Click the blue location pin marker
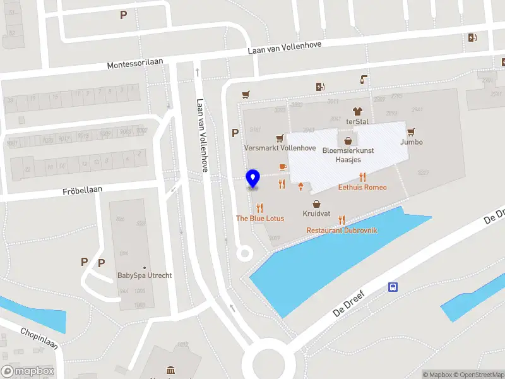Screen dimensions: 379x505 pos(253,179)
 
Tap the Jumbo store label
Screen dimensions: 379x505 pos(411,142)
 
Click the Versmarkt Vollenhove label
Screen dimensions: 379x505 pos(280,148)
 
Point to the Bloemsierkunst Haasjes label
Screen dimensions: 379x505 pos(348,155)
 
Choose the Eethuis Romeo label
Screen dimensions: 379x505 pos(362,188)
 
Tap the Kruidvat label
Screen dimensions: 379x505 pos(317,214)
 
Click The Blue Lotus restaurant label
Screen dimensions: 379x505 pos(259,218)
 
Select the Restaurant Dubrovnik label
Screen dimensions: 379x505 pos(342,231)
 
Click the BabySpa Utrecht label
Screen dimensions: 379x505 pos(145,275)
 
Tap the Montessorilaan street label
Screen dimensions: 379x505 pos(135,64)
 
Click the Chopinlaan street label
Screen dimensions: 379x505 pos(39,339)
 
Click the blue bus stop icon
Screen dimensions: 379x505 pos(393,287)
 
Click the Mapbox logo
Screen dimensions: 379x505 pos(28,371)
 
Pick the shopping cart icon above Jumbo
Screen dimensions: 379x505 pos(411,131)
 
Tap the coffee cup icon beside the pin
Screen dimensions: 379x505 pos(282,167)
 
